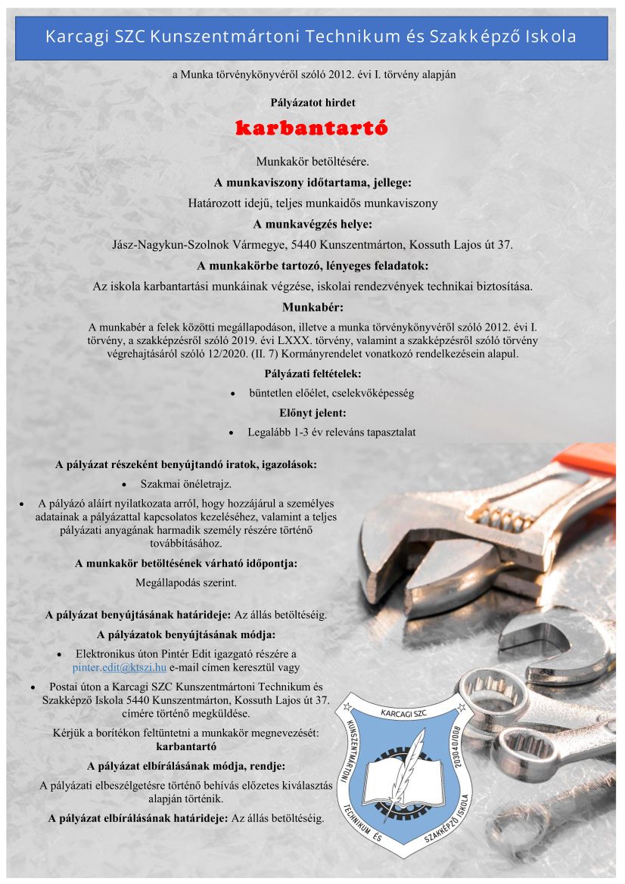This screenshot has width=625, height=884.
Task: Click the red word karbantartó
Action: click(x=312, y=128)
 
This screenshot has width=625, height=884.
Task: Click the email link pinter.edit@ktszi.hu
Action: click(x=119, y=668)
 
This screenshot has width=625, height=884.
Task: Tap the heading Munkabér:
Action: click(x=312, y=308)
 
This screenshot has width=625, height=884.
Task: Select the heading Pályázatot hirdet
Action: click(x=312, y=101)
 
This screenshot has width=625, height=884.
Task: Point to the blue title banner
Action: click(x=311, y=37)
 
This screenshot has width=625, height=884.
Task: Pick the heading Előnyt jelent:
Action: click(x=312, y=413)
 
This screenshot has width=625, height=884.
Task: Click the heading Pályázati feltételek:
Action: click(x=312, y=374)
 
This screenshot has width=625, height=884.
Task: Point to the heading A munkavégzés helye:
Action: click(x=312, y=225)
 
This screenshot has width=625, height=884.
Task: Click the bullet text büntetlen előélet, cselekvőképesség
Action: click(x=331, y=393)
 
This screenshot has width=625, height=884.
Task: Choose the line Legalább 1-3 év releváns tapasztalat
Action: click(x=331, y=433)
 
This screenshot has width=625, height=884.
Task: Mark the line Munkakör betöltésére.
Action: click(x=312, y=162)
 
